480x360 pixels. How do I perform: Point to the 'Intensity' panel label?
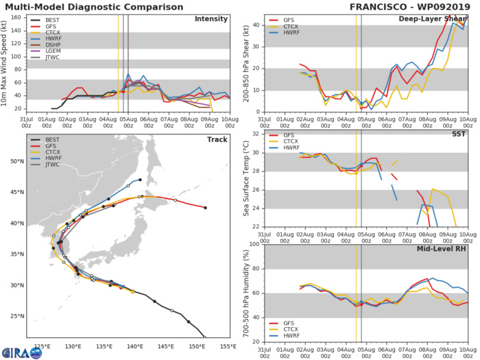211,19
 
